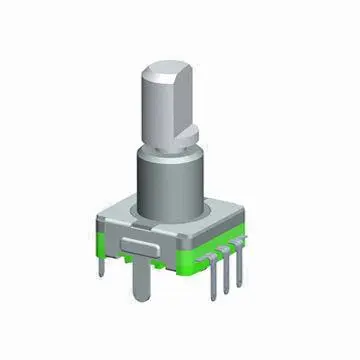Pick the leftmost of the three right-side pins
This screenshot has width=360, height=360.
(x=211, y=276)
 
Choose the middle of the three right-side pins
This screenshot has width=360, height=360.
(x=226, y=272)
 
